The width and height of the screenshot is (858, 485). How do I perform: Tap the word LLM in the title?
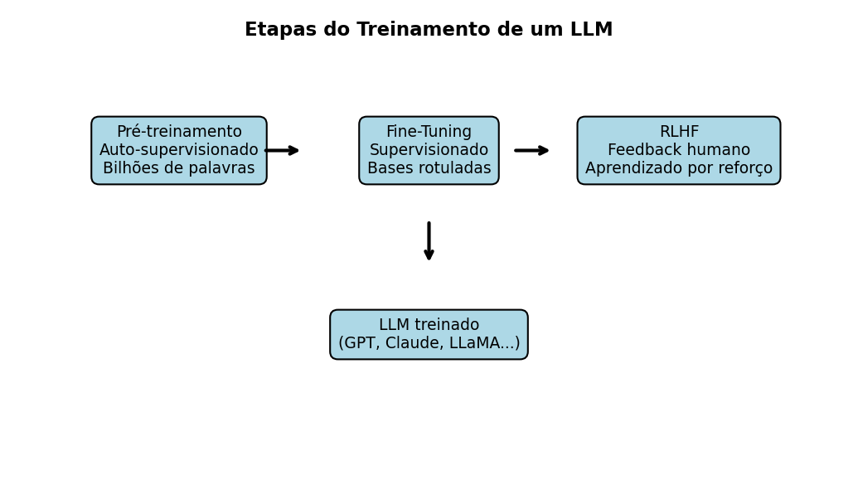[591, 31]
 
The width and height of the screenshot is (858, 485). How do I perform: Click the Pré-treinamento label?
[179, 133]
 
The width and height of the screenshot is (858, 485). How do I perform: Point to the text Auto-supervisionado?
[179, 150]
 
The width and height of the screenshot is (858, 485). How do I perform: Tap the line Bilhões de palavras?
[179, 168]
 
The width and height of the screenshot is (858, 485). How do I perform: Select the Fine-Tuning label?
[429, 133]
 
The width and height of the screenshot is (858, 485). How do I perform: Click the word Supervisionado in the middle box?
[429, 150]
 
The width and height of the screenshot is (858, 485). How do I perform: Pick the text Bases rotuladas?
[429, 168]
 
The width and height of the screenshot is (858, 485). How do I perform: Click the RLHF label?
[679, 133]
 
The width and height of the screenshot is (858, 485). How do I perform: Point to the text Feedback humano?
[679, 150]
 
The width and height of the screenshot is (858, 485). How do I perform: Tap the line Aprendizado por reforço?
[679, 168]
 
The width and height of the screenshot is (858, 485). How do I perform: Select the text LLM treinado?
[429, 325]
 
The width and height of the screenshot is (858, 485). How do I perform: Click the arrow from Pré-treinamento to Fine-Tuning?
[282, 150]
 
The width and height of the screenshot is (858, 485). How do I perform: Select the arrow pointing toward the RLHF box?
[531, 150]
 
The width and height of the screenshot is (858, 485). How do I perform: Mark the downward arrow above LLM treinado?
[429, 240]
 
